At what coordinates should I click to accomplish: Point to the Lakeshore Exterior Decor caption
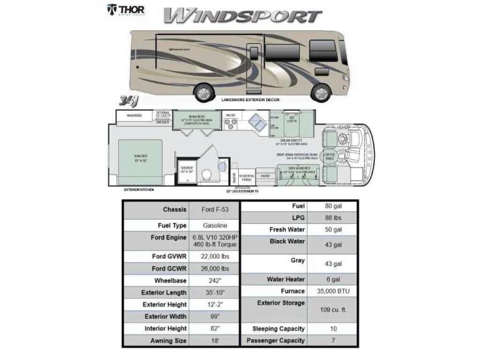tap(250, 100)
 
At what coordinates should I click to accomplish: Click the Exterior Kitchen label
tap(139, 189)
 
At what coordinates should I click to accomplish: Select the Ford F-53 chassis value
tap(214, 209)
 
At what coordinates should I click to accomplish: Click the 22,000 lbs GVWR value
tap(214, 256)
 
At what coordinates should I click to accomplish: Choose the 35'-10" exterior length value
tap(214, 292)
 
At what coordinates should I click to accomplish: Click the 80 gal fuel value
tap(332, 206)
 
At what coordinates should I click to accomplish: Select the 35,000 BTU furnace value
tap(332, 291)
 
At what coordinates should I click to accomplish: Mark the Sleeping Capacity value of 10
tap(332, 329)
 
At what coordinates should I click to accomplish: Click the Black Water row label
tap(287, 241)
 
